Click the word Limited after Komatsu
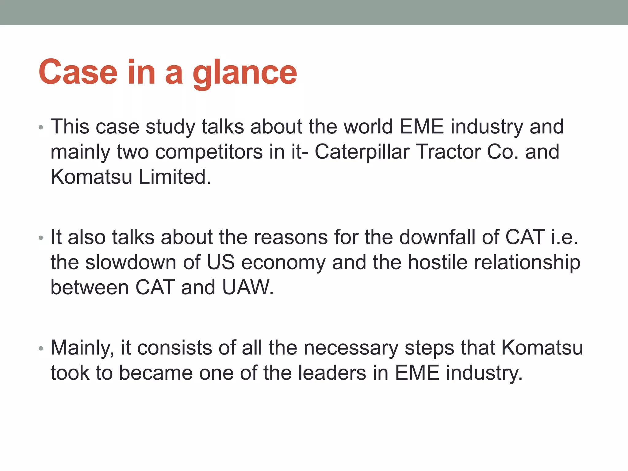(x=175, y=177)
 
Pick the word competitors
(x=209, y=152)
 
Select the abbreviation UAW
(x=247, y=288)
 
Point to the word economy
(x=283, y=263)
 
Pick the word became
(x=156, y=373)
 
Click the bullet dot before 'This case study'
(x=41, y=128)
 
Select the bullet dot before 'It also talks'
(x=41, y=238)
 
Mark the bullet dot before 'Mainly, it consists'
(x=41, y=349)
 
